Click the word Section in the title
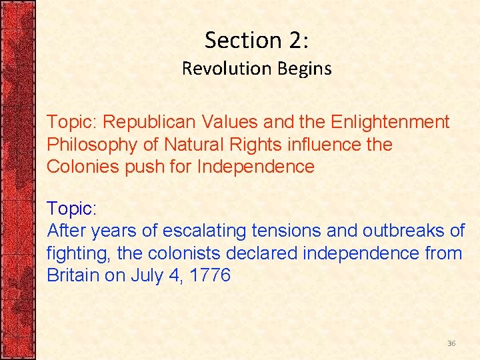(235, 41)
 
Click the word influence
(319, 144)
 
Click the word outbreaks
(405, 231)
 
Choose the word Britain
(73, 275)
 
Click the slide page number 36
(451, 343)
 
